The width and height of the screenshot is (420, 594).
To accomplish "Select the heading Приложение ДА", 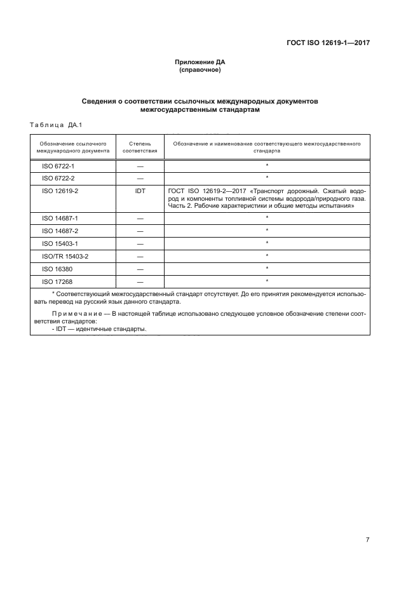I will tap(200, 62).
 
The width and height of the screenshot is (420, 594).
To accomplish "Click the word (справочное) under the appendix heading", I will tap(200, 70).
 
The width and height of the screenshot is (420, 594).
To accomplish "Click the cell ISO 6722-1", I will tap(58, 166).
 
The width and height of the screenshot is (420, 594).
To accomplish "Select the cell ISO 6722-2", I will tap(58, 178).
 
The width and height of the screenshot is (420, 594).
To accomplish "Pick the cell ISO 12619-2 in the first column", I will tap(60, 190).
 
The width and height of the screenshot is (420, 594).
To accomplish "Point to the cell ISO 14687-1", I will tap(60, 219).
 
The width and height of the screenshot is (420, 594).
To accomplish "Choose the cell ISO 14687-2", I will tap(60, 231).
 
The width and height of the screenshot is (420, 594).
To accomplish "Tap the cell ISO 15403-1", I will tap(60, 243).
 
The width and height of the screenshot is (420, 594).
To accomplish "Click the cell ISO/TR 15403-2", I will tap(65, 256).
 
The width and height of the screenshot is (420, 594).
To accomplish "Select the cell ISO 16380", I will tap(57, 268).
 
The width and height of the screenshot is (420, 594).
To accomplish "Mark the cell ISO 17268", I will tap(57, 281).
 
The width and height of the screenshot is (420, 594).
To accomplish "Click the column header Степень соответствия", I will tap(140, 148).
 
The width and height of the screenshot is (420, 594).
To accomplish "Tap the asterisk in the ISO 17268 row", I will tap(267, 280).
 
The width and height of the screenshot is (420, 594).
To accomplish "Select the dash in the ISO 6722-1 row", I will tap(140, 166).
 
